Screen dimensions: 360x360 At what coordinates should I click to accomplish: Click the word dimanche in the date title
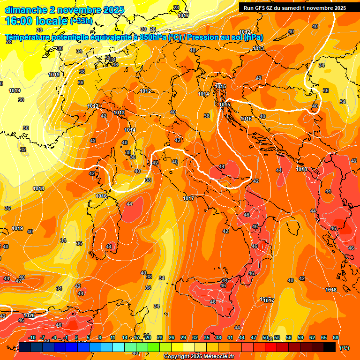click(x=25, y=10)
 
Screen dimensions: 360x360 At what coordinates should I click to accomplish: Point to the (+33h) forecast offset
click(x=82, y=21)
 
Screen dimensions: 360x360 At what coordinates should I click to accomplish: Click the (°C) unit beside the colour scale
click(x=345, y=347)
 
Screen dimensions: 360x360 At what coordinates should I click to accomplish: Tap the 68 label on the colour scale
click(x=336, y=337)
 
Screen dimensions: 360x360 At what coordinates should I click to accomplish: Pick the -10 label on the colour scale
click(x=32, y=337)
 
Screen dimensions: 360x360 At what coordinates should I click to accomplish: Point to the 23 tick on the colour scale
click(x=160, y=337)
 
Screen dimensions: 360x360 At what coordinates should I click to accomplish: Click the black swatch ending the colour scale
click(x=330, y=347)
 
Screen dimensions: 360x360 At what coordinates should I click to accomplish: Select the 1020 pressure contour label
click(x=29, y=316)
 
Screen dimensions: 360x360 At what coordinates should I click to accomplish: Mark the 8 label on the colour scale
click(x=100, y=337)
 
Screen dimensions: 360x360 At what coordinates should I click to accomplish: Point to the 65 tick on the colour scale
click(x=324, y=337)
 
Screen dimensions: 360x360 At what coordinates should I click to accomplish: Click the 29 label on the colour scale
click(x=183, y=337)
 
